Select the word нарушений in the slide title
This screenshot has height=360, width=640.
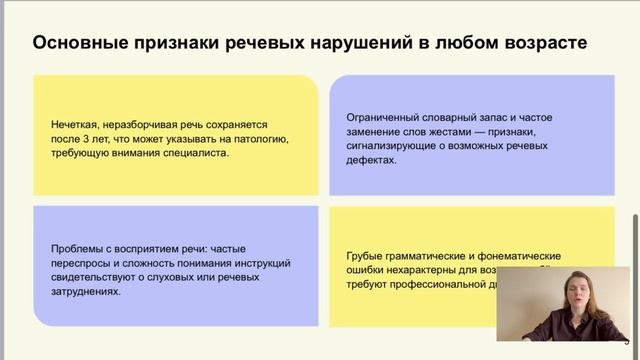(340, 43)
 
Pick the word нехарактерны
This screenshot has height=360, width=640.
(424, 270)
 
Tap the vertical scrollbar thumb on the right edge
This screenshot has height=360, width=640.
(633, 245)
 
